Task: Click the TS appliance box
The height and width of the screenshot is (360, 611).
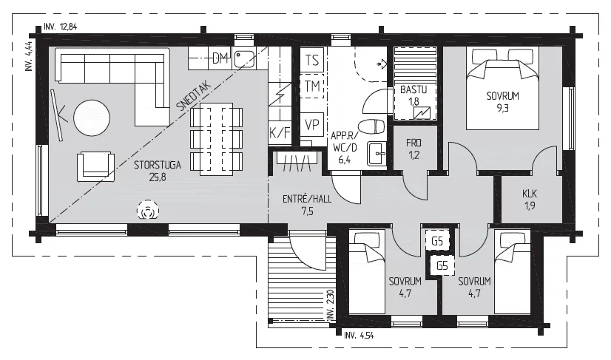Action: (312, 61)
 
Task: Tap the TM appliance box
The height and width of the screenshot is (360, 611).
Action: (312, 86)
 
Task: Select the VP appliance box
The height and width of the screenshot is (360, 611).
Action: (312, 125)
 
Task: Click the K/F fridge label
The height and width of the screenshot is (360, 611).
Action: (280, 133)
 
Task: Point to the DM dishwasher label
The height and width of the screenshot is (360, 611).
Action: (220, 59)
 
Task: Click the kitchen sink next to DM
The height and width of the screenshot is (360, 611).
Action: (244, 59)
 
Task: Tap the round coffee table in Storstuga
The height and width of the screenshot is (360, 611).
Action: (92, 118)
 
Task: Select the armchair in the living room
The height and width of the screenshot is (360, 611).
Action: (95, 167)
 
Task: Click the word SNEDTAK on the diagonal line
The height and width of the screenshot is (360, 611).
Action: (194, 96)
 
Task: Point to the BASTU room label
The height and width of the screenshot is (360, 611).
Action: (413, 89)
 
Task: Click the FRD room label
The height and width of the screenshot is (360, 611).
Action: (413, 143)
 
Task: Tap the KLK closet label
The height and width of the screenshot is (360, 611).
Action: (530, 193)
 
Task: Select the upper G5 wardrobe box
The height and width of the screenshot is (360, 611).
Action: (437, 242)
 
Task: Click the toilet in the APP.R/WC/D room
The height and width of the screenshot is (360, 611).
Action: (371, 126)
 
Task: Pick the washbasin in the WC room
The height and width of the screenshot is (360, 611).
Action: (376, 154)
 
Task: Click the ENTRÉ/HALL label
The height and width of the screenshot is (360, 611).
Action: (307, 199)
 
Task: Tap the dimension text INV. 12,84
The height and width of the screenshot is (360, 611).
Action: (61, 27)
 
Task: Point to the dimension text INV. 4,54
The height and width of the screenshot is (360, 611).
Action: (359, 335)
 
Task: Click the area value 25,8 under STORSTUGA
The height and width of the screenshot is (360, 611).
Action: (157, 177)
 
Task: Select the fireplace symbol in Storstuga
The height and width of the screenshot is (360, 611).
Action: (148, 211)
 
